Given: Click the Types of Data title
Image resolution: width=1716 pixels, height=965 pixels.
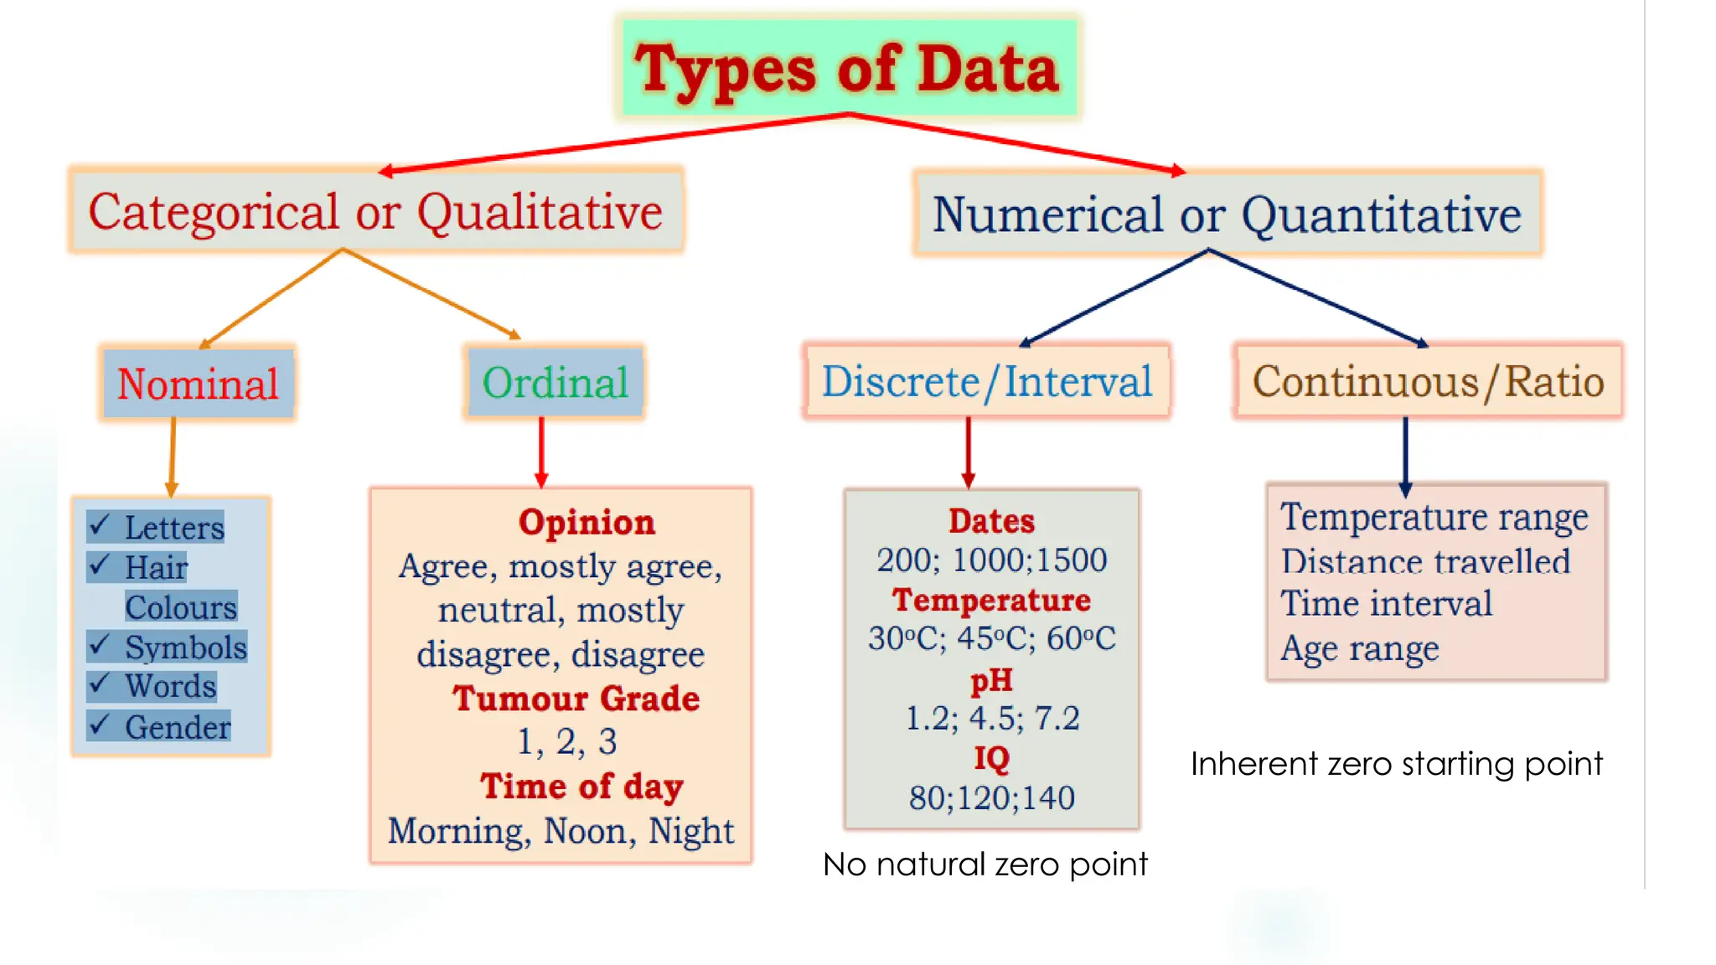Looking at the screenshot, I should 847,69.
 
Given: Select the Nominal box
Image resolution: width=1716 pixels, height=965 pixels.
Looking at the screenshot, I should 198,384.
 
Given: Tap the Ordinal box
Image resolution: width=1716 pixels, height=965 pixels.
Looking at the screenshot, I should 556,383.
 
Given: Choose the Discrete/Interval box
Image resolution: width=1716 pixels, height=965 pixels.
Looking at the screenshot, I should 987,382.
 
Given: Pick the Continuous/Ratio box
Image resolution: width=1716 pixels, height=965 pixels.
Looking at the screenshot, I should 1428,382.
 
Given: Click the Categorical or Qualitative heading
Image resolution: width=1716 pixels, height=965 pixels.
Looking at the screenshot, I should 375,211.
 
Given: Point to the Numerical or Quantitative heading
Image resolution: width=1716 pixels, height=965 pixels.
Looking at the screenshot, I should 1227,214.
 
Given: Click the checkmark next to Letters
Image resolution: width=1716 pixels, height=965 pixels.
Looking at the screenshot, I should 100,525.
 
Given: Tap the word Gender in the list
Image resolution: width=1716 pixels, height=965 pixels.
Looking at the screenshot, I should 178,727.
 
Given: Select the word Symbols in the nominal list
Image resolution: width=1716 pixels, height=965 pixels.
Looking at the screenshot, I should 186,648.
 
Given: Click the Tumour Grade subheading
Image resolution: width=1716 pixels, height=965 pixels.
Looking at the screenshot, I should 576,699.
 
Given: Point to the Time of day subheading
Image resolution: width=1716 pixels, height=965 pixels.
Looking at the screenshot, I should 581,787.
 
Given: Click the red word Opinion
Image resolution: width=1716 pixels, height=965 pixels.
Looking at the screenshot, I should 587,522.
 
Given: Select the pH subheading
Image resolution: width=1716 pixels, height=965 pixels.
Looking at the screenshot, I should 991,679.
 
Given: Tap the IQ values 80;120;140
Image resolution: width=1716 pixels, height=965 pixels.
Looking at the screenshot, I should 992,798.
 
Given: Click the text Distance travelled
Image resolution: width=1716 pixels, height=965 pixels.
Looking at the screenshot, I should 1425,561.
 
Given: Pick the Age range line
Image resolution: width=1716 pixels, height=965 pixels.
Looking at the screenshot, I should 1360,648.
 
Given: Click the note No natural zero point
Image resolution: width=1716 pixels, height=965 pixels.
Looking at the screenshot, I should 985,864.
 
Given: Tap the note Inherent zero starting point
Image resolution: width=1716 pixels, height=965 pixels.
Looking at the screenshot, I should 1396,764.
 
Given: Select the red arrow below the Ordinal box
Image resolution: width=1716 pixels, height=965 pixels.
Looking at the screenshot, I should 541,452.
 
